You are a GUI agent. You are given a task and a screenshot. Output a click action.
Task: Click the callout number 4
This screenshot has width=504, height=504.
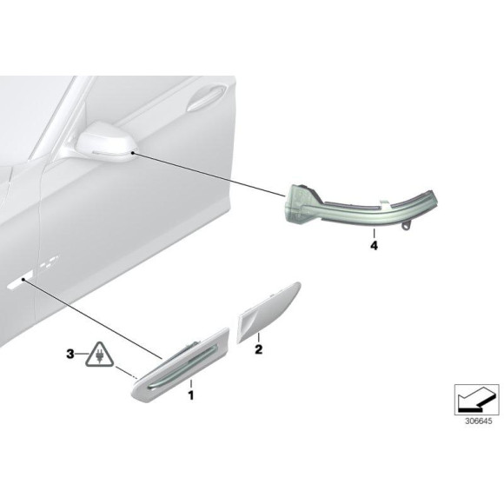pos(374,246)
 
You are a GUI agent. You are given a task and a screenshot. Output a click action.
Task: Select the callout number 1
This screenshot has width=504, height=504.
pos(191,395)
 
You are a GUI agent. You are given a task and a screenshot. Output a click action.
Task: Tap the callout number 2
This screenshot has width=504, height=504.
pos(258,349)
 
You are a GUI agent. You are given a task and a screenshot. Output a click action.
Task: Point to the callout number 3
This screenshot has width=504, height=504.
pos(70,355)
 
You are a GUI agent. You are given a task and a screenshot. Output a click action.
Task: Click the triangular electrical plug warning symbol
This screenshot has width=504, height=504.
pos(99,355)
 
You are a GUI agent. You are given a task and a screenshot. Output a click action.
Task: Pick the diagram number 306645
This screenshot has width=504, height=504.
pos(478,421)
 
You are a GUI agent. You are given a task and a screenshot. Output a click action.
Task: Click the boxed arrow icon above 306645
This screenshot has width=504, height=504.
pos(476,400)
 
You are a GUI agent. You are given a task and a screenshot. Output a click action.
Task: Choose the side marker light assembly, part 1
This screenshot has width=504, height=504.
pos(181,364)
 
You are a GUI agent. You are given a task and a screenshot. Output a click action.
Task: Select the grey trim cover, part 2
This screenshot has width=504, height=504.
pos(269,313)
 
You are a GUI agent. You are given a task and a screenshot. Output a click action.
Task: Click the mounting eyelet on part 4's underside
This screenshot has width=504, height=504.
pos(407,227)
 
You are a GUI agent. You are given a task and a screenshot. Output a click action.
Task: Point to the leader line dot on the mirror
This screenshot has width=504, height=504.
pos(132,154)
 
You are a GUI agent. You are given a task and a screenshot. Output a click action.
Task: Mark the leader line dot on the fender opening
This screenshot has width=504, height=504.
pos(23,280)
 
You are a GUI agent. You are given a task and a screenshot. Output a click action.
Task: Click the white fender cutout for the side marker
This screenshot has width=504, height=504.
pos(20,281)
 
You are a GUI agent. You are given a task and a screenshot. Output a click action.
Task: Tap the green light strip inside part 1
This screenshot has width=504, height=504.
pos(183,367)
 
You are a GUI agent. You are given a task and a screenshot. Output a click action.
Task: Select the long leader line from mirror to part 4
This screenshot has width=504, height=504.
pos(209,175)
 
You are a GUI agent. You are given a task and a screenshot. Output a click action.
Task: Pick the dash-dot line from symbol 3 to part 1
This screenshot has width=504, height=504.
pos(126,373)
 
